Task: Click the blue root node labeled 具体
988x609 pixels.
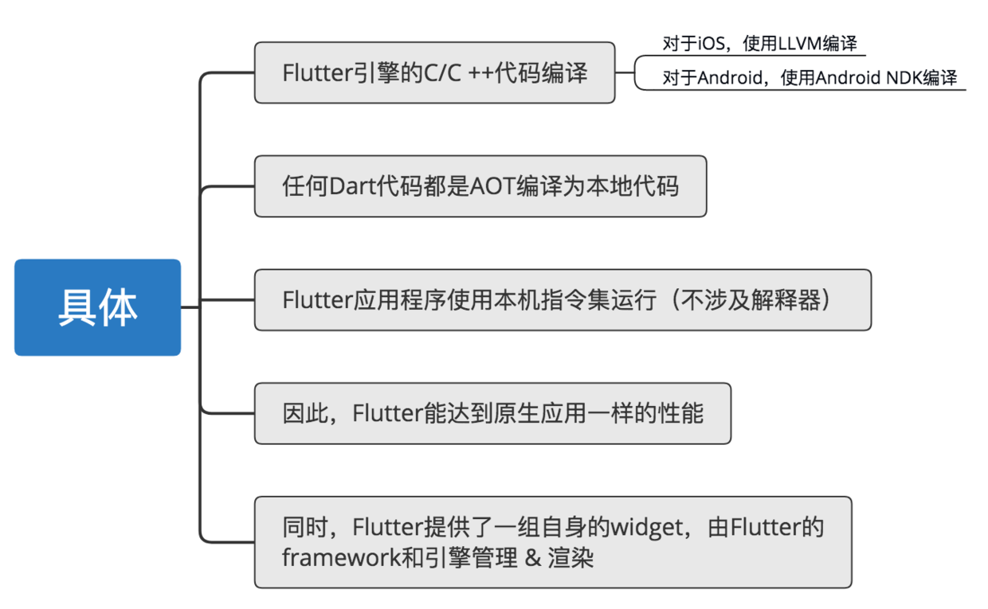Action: [x=97, y=306]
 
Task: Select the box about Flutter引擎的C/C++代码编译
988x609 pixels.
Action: [x=434, y=73]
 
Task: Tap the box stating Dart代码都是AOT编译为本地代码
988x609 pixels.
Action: [x=480, y=186]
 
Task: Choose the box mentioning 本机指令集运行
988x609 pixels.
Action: [x=562, y=300]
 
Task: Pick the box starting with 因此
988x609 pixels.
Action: [x=492, y=414]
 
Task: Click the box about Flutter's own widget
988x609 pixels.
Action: [x=552, y=542]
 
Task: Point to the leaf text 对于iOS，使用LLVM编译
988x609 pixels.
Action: [x=759, y=44]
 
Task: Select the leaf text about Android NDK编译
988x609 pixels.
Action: [x=809, y=78]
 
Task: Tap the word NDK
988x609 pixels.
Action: [x=903, y=78]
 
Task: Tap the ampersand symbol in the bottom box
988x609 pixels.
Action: [x=533, y=557]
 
